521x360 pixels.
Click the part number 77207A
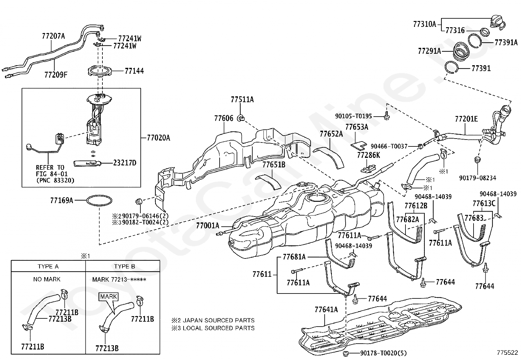click(x=53, y=36)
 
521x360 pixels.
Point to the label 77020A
click(x=158, y=138)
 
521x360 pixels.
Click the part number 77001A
click(x=208, y=226)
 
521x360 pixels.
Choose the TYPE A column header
click(x=48, y=266)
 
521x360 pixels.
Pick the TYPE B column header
click(x=124, y=266)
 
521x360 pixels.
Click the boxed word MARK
click(x=109, y=296)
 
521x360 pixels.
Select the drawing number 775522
click(x=507, y=353)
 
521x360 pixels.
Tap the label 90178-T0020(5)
click(x=383, y=353)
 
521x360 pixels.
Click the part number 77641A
click(x=326, y=310)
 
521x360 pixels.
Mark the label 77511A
click(x=242, y=100)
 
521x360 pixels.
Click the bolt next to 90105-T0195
click(x=386, y=116)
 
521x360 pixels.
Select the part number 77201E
click(x=466, y=119)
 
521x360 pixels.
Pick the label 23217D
click(x=125, y=163)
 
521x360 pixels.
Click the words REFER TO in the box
click(x=50, y=168)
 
